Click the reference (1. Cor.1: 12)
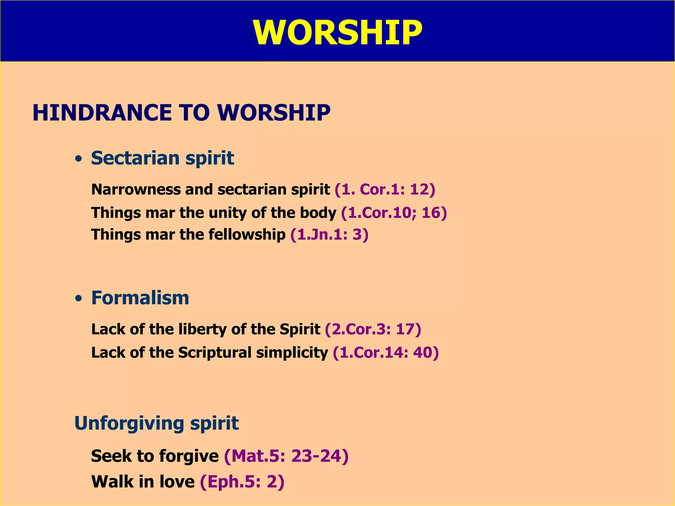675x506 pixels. point(385,189)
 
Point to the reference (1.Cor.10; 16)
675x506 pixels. point(394,213)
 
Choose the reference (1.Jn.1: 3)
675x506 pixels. point(329,235)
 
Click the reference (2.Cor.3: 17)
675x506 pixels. point(373,329)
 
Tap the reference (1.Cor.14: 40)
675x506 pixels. point(386,352)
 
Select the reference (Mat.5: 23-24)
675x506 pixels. point(286,456)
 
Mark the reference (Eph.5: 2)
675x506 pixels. point(242,482)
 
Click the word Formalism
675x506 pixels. point(140,298)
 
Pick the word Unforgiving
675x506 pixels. point(129,424)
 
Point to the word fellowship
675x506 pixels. point(247,235)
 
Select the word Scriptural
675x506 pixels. point(215,352)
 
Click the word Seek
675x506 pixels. point(111,456)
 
